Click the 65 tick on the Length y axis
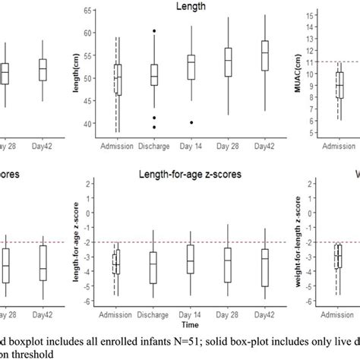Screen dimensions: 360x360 pyautogui.click(x=88, y=11)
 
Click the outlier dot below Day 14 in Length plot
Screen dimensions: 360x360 pyautogui.click(x=191, y=122)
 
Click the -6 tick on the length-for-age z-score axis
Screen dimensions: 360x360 pyautogui.click(x=89, y=302)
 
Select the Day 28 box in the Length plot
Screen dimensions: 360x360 pyautogui.click(x=228, y=62)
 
